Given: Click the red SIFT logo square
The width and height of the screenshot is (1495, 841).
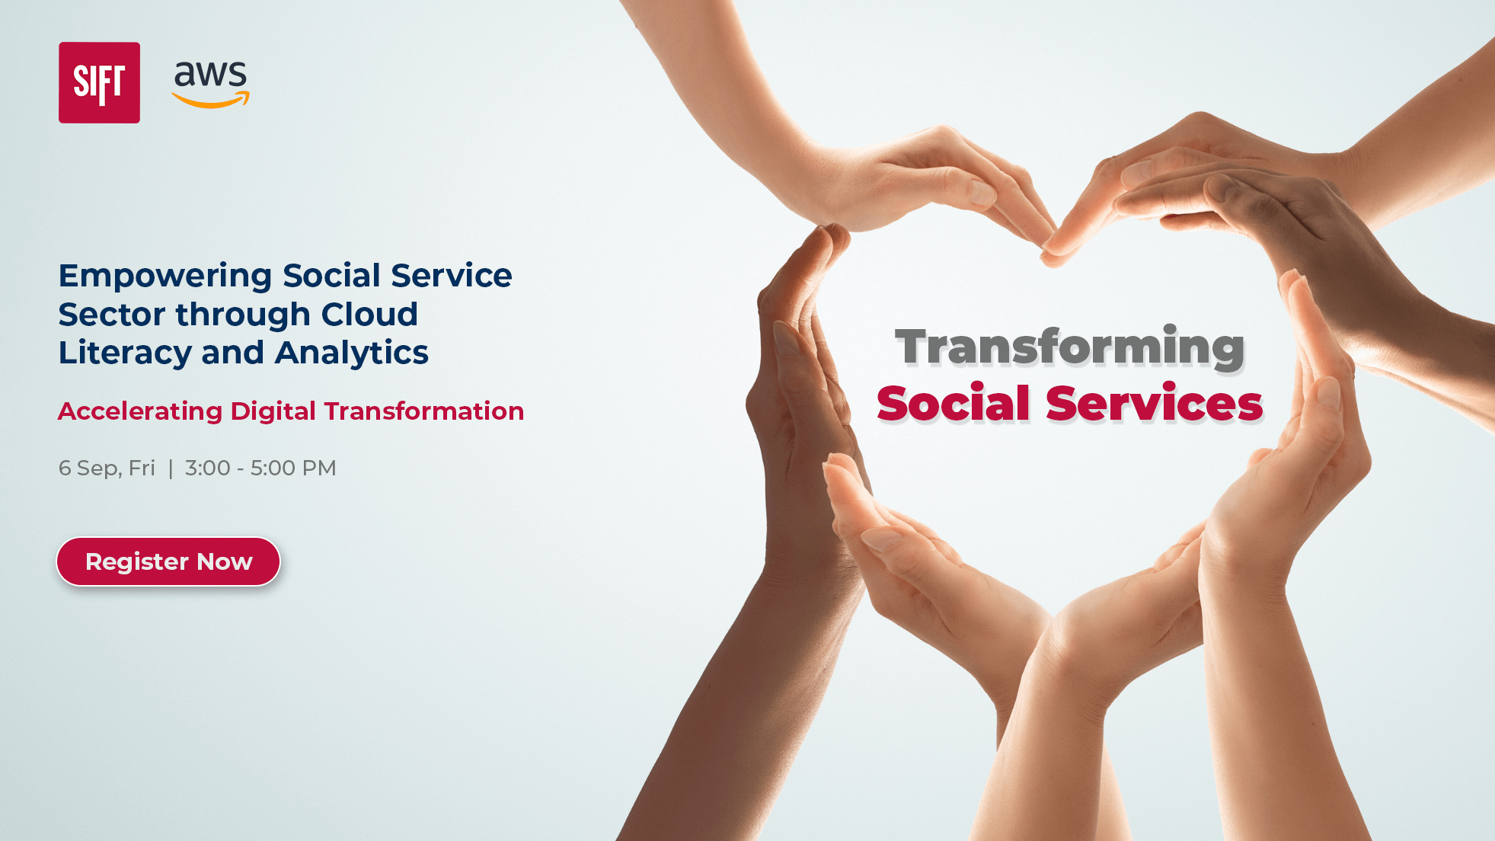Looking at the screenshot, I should coord(99,82).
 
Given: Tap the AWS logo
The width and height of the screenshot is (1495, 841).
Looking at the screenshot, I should coord(210,82).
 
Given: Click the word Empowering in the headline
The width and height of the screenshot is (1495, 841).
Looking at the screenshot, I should coord(165,276).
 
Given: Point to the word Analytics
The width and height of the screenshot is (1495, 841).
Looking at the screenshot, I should coord(352,353).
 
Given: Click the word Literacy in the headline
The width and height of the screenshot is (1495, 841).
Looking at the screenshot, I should coord(125,353).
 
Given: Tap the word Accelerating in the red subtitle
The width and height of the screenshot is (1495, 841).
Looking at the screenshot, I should coord(140,411).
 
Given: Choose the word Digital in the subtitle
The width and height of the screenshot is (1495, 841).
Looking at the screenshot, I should coord(273,411).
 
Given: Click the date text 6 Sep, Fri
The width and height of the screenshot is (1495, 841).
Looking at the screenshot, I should coord(107,468).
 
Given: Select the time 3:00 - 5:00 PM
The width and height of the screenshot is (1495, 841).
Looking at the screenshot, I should coord(260,468).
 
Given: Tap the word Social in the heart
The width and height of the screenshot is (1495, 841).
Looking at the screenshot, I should coord(953,403).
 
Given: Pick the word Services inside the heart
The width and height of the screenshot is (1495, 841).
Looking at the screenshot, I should coord(1154,403).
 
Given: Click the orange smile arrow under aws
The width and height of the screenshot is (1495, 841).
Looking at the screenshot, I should coord(211,100).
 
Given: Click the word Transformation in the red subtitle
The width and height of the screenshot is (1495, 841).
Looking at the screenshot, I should coord(424,411).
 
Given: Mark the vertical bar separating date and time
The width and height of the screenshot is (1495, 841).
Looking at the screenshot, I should coord(171,468).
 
